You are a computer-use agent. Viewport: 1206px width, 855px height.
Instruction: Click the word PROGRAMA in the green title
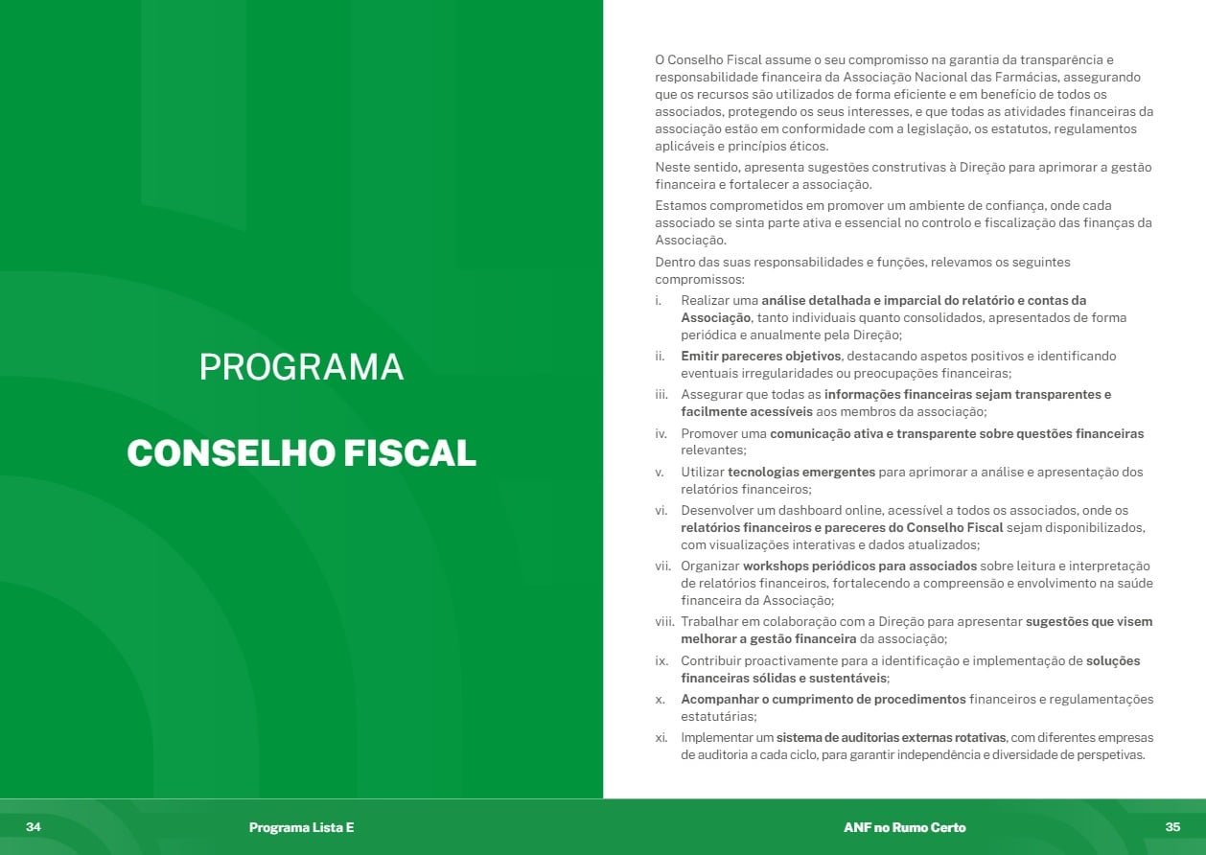tap(301, 367)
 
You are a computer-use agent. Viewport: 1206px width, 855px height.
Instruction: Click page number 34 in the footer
tap(34, 827)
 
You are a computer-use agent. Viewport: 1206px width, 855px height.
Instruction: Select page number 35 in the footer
tap(1172, 827)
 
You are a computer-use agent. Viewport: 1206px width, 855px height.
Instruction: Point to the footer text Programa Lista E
tap(301, 827)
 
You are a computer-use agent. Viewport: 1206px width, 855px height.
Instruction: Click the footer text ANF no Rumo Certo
tap(904, 827)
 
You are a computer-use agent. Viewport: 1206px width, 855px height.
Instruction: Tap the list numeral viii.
tap(665, 621)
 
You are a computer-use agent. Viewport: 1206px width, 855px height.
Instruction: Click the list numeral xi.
tap(661, 738)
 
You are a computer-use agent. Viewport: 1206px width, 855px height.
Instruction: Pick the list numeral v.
tap(660, 472)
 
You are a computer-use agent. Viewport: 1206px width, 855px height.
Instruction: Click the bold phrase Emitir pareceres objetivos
tap(761, 356)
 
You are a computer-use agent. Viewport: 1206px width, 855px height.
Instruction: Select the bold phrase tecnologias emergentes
tap(801, 472)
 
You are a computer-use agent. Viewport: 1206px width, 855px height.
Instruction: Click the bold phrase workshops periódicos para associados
tap(858, 566)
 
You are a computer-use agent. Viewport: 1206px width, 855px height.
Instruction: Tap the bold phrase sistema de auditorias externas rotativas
tap(892, 738)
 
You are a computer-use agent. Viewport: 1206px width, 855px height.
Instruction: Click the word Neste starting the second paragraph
tap(674, 167)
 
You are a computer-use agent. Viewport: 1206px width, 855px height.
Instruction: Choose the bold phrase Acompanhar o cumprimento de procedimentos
tap(823, 699)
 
